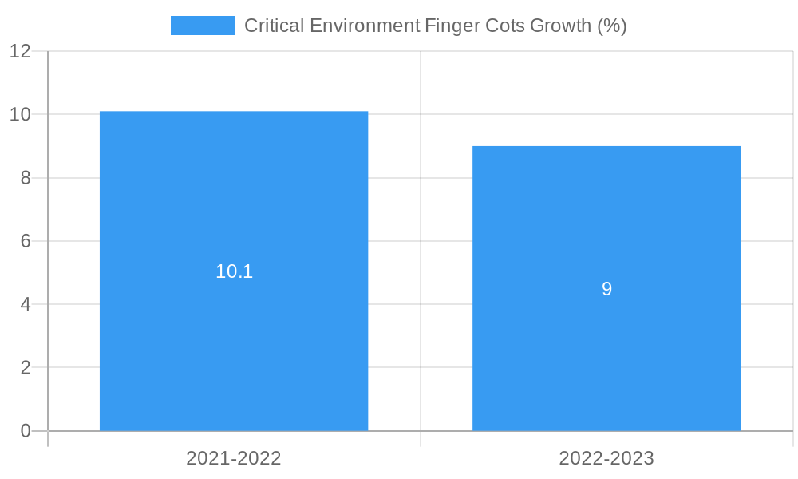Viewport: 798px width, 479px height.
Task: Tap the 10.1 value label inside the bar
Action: pyautogui.click(x=234, y=271)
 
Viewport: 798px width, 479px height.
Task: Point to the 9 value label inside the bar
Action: pyautogui.click(x=606, y=289)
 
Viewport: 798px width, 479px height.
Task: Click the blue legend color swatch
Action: pyautogui.click(x=203, y=26)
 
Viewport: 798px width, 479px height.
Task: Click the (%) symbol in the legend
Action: pyautogui.click(x=612, y=26)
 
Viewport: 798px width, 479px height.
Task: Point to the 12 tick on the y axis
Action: pyautogui.click(x=20, y=51)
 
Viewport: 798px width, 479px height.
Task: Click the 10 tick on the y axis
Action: pyautogui.click(x=20, y=114)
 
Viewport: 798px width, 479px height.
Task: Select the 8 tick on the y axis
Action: pyautogui.click(x=26, y=178)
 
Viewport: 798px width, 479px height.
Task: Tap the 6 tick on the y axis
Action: pyautogui.click(x=26, y=241)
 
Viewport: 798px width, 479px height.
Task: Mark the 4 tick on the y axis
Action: pyautogui.click(x=26, y=304)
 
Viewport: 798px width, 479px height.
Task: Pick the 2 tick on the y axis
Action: pyautogui.click(x=26, y=368)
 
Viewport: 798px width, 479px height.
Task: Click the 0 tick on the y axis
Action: pyautogui.click(x=26, y=431)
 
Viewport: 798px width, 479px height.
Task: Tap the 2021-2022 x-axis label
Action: pyautogui.click(x=234, y=458)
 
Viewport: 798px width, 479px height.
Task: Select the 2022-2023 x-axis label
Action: pyautogui.click(x=606, y=458)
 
